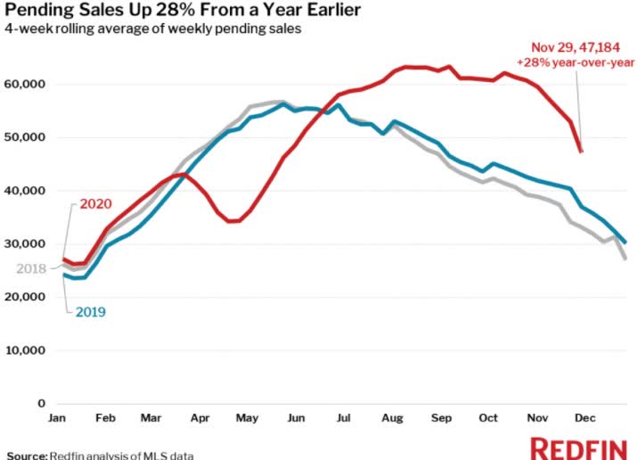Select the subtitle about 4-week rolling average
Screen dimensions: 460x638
pyautogui.click(x=153, y=30)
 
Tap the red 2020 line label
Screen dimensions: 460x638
pyautogui.click(x=95, y=203)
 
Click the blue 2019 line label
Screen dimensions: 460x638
pyautogui.click(x=91, y=311)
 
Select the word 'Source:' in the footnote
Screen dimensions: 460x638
pyautogui.click(x=27, y=455)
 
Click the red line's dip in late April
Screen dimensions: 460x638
pyautogui.click(x=233, y=220)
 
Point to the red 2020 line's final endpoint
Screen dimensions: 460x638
pyautogui.click(x=582, y=152)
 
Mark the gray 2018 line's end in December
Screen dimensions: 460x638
pyautogui.click(x=625, y=259)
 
